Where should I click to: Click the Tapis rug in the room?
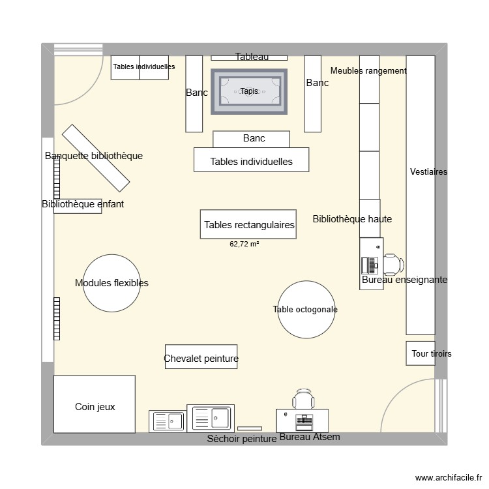pyautogui.click(x=249, y=91)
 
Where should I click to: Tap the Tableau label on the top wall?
pyautogui.click(x=252, y=57)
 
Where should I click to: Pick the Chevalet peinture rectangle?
pyautogui.click(x=201, y=357)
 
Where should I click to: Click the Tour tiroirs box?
pyautogui.click(x=421, y=353)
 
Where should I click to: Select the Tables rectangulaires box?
pyautogui.click(x=248, y=224)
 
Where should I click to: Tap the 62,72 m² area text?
pyautogui.click(x=244, y=244)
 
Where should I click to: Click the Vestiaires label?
pyautogui.click(x=429, y=172)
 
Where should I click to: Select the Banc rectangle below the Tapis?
pyautogui.click(x=252, y=139)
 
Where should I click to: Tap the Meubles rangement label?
pyautogui.click(x=368, y=70)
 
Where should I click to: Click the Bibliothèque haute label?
pyautogui.click(x=352, y=219)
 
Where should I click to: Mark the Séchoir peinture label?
pyautogui.click(x=241, y=439)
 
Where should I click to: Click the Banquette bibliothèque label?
pyautogui.click(x=94, y=156)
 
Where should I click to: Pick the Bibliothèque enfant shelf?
pyautogui.click(x=78, y=205)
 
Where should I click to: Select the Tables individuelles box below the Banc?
pyautogui.click(x=251, y=160)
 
